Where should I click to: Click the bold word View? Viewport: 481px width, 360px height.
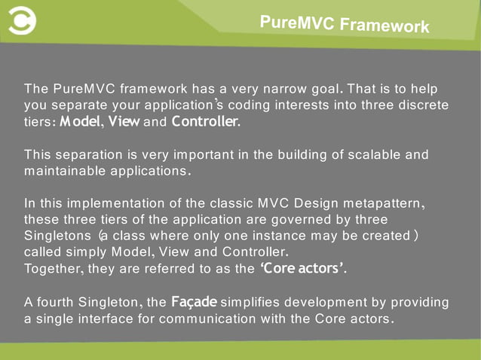[x=124, y=120]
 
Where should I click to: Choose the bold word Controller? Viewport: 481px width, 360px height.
[x=205, y=120]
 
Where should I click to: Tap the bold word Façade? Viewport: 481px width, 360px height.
[x=194, y=302]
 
